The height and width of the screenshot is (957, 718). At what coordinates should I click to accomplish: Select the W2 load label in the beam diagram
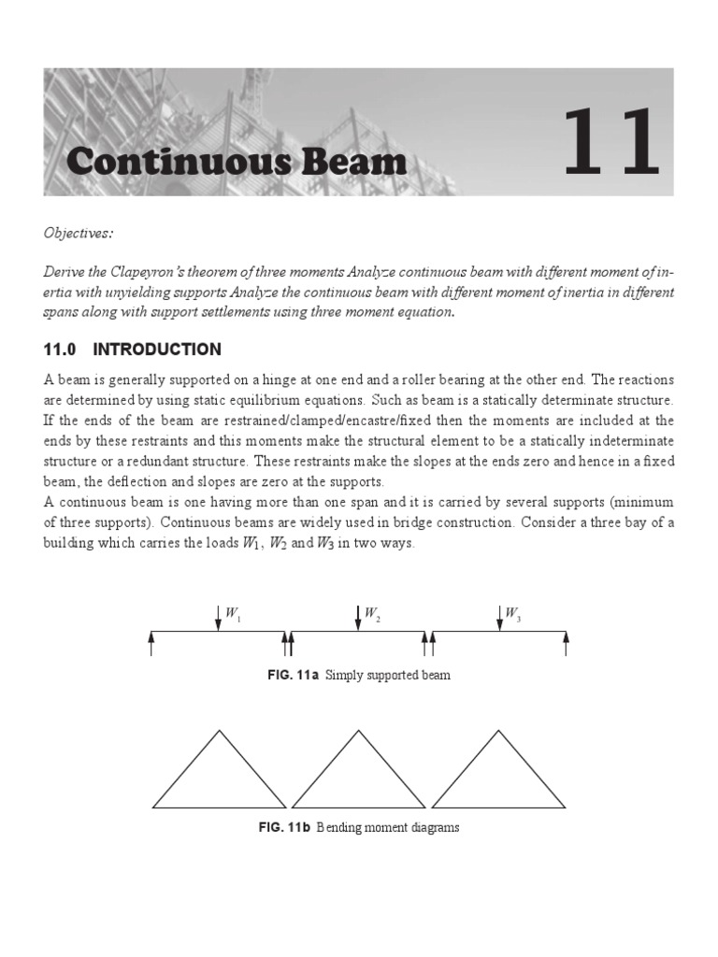click(371, 614)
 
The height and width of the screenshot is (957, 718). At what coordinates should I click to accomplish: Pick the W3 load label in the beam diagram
click(511, 614)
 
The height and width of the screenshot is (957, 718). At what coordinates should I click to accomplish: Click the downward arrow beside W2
click(358, 618)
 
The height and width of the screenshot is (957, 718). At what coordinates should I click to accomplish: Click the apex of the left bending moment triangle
click(221, 732)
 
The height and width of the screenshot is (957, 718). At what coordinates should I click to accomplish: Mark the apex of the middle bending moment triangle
click(359, 732)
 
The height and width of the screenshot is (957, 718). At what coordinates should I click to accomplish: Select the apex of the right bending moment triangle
click(498, 732)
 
